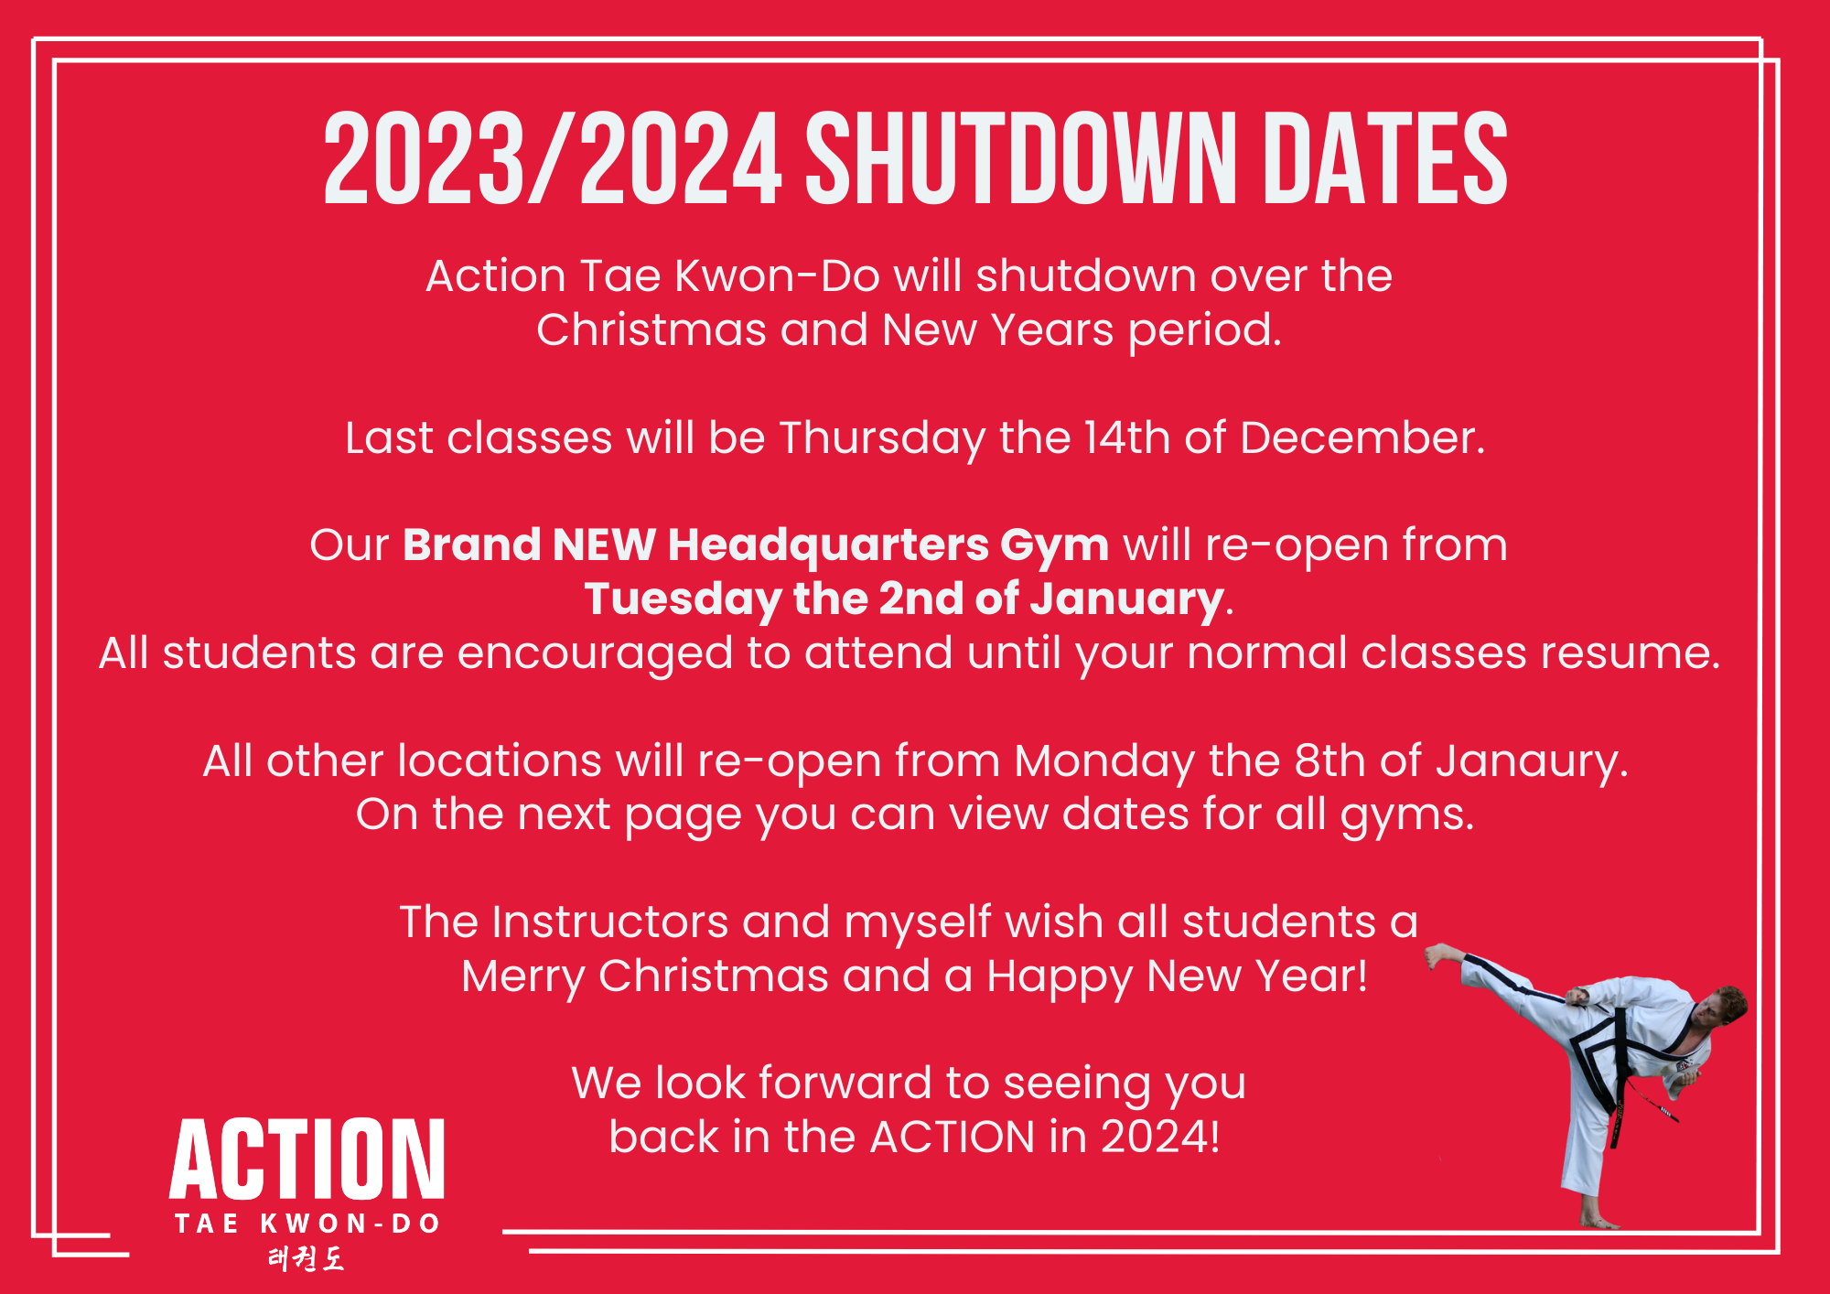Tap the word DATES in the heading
[1385, 158]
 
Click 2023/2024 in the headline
[553, 158]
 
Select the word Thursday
[882, 438]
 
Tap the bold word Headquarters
[828, 545]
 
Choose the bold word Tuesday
[681, 600]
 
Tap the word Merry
[522, 976]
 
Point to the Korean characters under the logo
[307, 1259]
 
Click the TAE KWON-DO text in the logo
[307, 1224]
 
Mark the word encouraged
[595, 654]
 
